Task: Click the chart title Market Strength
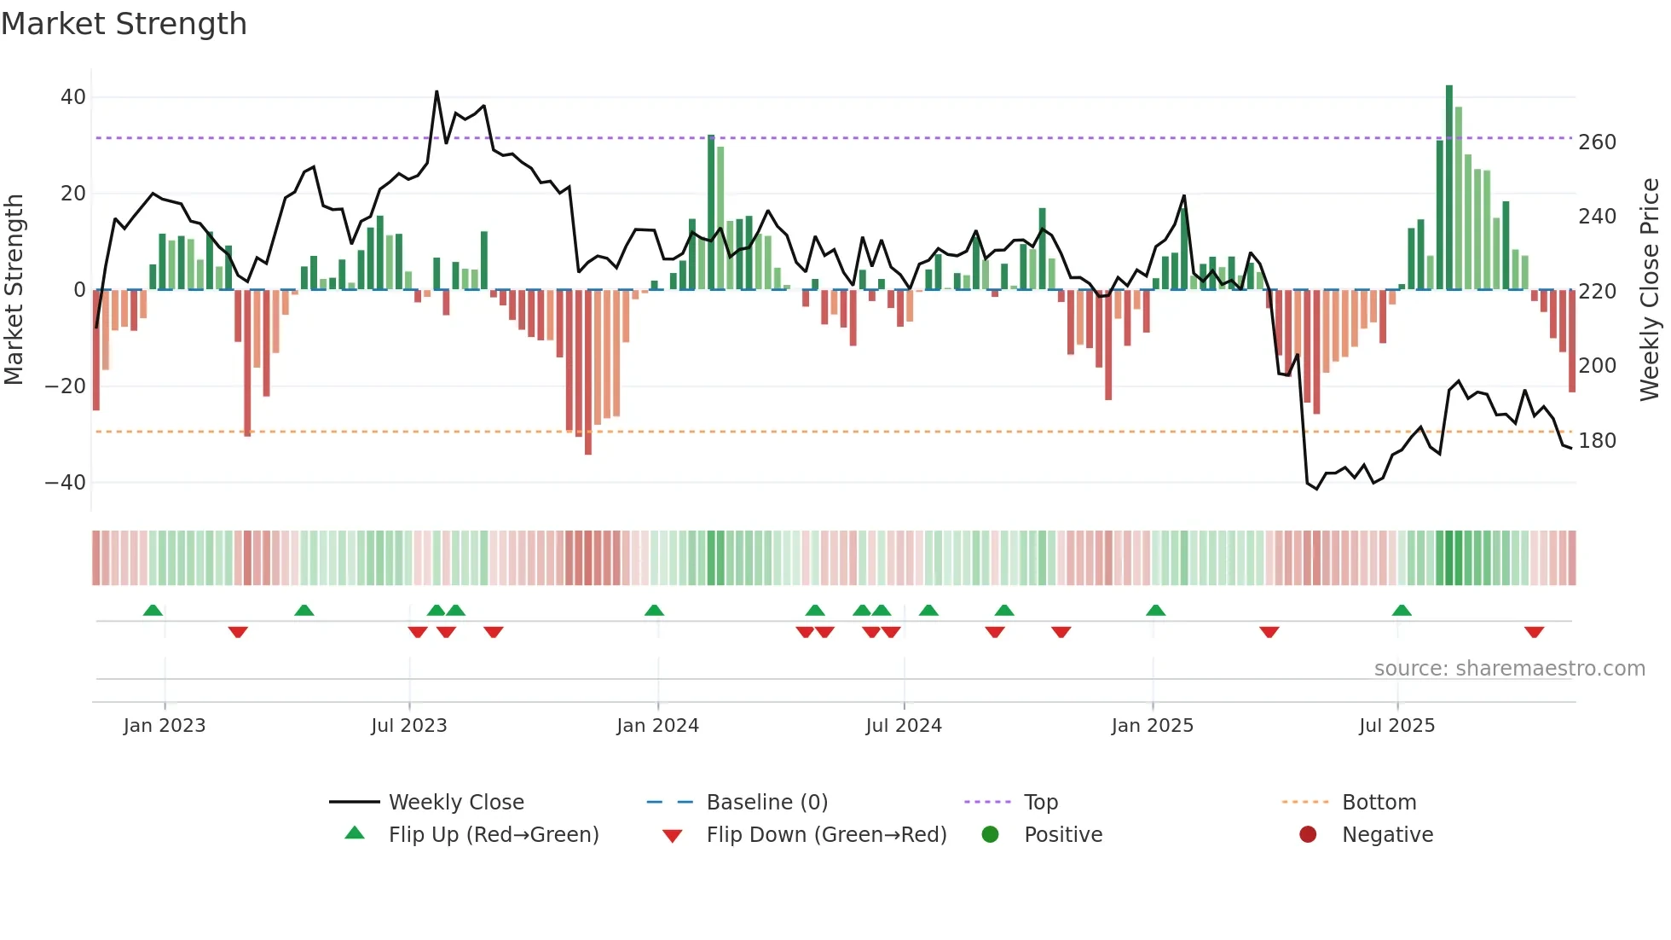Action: (x=124, y=24)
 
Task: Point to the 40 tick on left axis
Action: (x=73, y=97)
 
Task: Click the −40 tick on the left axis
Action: (x=66, y=483)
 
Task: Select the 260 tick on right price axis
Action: (x=1597, y=142)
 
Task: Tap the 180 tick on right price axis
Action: (x=1597, y=441)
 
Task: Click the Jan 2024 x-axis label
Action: (x=657, y=726)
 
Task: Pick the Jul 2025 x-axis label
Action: (x=1396, y=726)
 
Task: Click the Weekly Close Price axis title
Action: (x=1651, y=290)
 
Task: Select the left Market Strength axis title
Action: (x=14, y=290)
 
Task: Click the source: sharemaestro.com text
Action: (x=1509, y=669)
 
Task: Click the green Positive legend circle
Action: (x=990, y=835)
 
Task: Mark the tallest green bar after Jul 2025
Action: (x=1449, y=188)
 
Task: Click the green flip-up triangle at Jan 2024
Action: (x=654, y=611)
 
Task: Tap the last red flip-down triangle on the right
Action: (x=1534, y=632)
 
